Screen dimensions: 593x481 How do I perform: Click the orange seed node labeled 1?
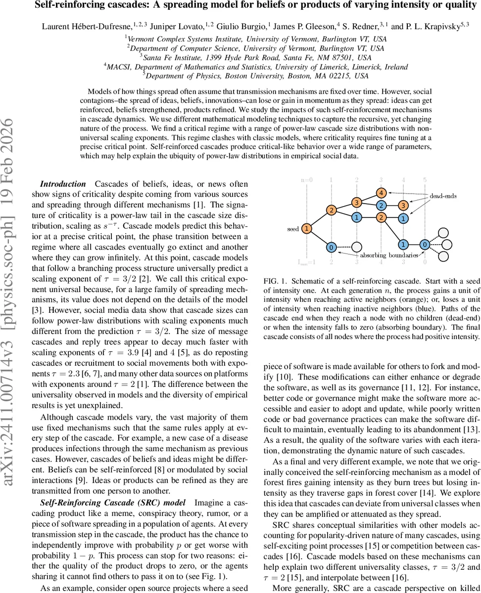307,229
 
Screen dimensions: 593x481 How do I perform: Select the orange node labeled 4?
381,192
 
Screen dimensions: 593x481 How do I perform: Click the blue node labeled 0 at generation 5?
425,244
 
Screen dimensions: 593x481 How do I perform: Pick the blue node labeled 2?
381,205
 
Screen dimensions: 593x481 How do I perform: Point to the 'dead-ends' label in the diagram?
443,196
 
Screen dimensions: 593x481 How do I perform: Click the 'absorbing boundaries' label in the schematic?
389,255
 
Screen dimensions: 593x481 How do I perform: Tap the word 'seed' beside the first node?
293,229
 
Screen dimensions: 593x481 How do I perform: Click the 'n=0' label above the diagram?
307,180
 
